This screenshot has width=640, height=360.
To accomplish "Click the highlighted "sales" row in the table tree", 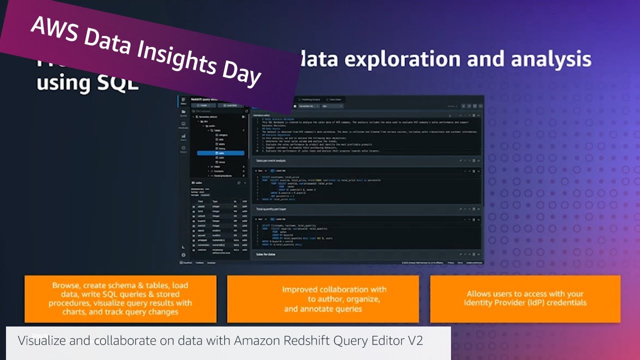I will (220, 153).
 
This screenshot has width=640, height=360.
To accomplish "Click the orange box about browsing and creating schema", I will (120, 298).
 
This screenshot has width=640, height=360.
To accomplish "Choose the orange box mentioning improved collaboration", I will (323, 298).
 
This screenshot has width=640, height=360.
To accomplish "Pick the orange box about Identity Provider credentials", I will (525, 298).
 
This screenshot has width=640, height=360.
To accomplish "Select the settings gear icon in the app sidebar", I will (183, 255).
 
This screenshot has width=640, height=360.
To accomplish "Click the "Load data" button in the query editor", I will (230, 105).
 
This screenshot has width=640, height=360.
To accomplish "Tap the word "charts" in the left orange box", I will (74, 312).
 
